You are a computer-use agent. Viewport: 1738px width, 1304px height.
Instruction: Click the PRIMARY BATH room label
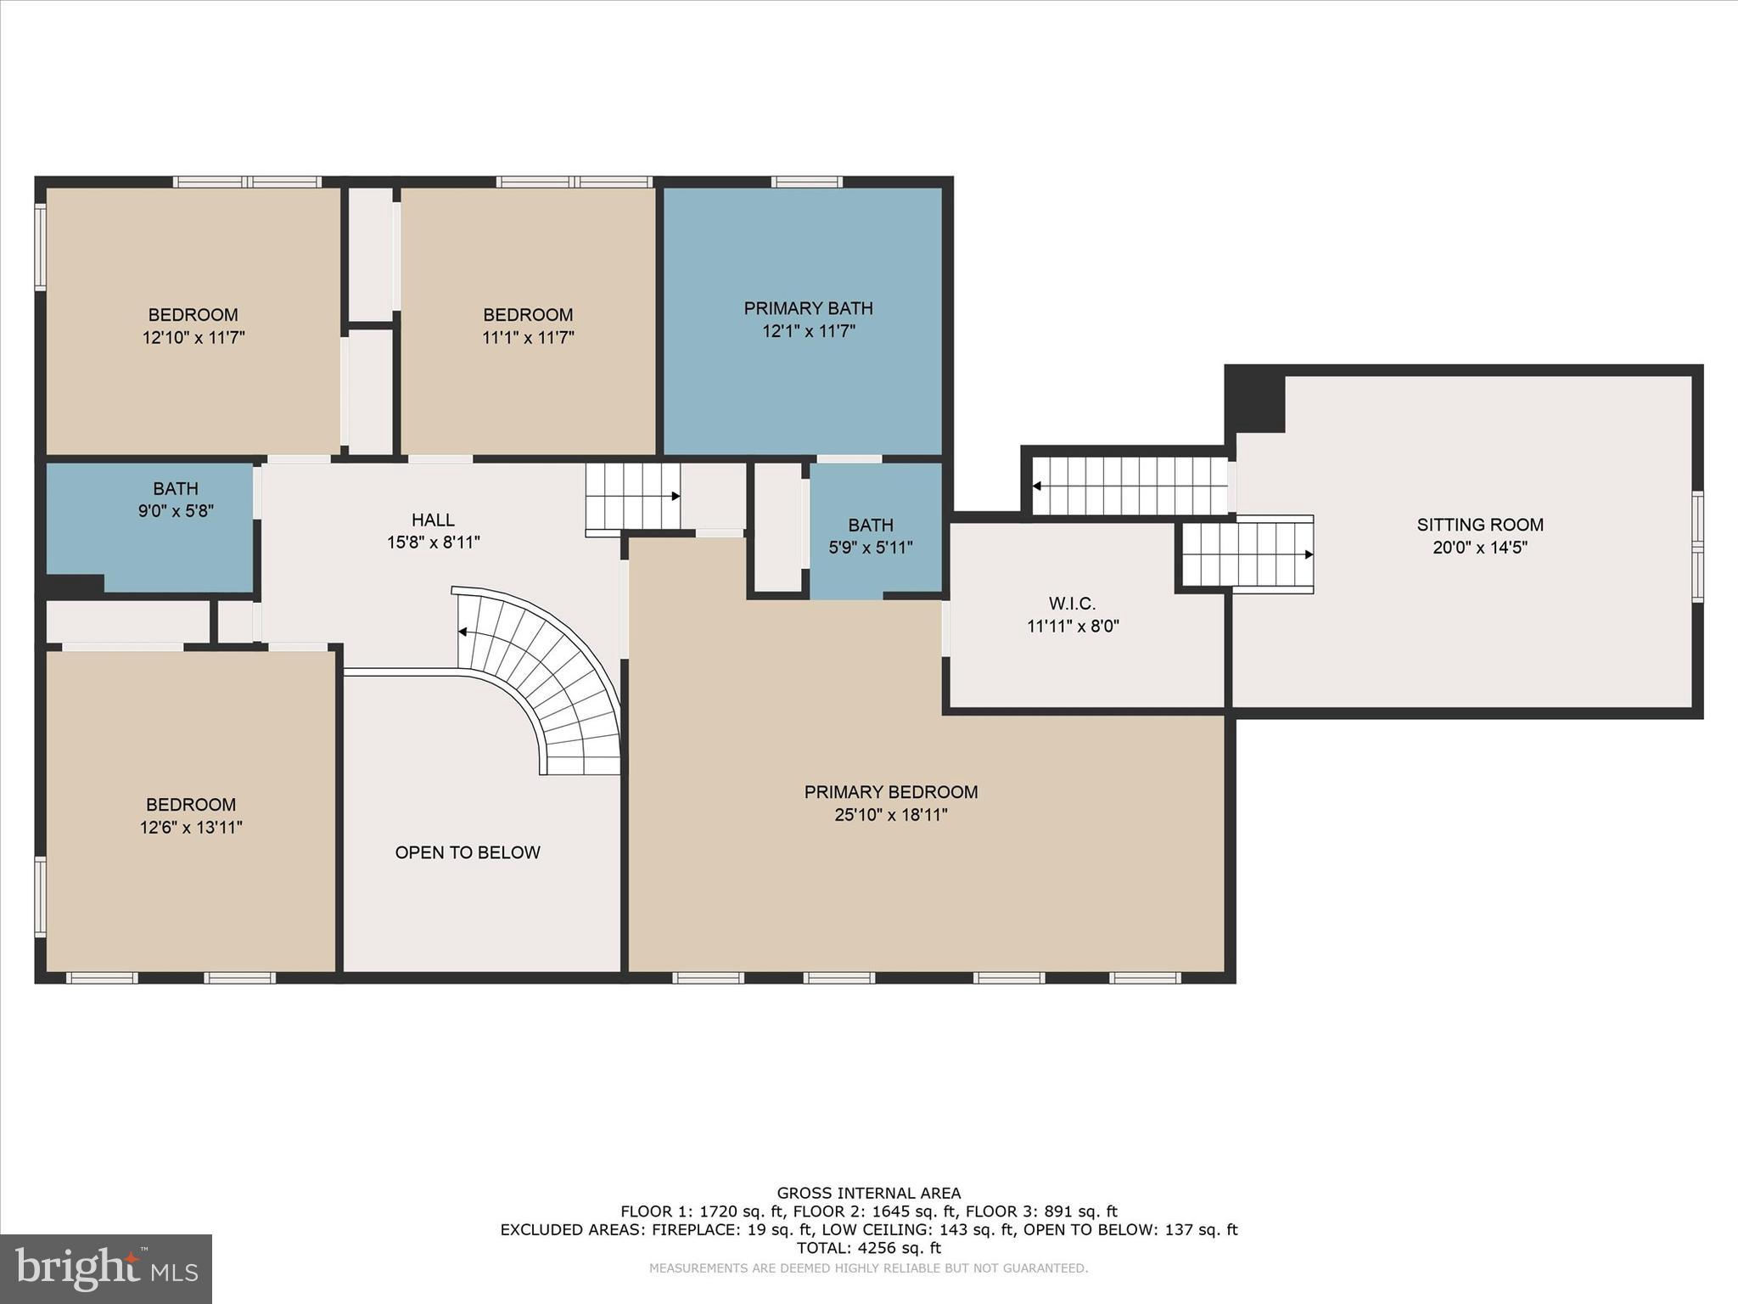click(808, 308)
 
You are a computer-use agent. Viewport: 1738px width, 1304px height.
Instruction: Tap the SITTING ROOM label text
click(1480, 525)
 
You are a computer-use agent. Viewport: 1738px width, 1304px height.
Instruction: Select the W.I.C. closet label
click(1073, 604)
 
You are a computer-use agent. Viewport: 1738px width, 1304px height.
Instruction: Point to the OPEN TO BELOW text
click(468, 852)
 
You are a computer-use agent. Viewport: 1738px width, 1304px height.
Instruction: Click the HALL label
click(433, 520)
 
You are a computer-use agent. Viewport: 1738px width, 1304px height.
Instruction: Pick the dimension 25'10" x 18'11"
click(891, 815)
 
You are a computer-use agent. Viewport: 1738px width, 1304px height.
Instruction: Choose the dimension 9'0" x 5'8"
click(176, 511)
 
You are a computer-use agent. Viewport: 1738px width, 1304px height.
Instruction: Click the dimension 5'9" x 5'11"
click(871, 548)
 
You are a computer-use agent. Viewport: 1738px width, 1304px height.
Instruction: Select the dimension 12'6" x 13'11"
click(191, 827)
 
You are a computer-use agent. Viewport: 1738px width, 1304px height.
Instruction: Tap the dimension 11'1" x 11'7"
click(528, 337)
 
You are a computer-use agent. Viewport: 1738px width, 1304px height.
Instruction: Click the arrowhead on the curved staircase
click(463, 632)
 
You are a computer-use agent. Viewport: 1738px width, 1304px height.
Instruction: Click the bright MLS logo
click(106, 1269)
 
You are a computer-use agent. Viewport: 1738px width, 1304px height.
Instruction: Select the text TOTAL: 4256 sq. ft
click(869, 1248)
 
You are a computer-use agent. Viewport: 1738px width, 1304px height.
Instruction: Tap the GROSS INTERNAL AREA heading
click(869, 1194)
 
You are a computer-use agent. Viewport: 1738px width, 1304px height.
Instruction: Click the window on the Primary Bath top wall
click(807, 182)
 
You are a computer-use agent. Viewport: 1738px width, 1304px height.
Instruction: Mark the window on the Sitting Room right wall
click(1697, 548)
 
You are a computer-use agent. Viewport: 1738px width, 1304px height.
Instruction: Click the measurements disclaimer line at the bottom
click(868, 1268)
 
